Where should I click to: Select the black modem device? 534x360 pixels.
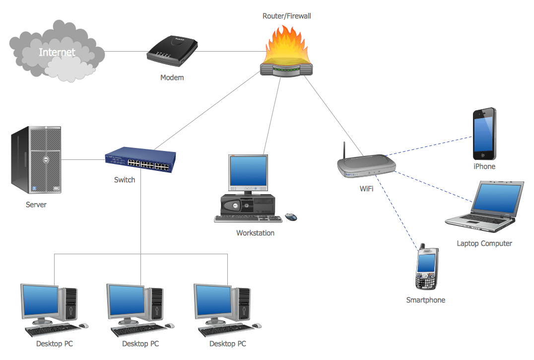click(172, 51)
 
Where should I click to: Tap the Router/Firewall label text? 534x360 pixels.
click(286, 16)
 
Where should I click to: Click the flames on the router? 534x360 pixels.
click(286, 45)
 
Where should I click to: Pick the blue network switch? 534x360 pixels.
click(140, 159)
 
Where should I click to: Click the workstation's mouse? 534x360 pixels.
click(291, 217)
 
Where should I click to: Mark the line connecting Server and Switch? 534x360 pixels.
click(83, 159)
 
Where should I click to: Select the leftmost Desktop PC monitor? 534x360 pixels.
click(39, 300)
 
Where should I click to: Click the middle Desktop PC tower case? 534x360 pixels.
click(157, 304)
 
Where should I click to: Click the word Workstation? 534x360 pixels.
click(255, 233)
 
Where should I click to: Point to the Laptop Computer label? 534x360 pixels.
click(484, 243)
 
